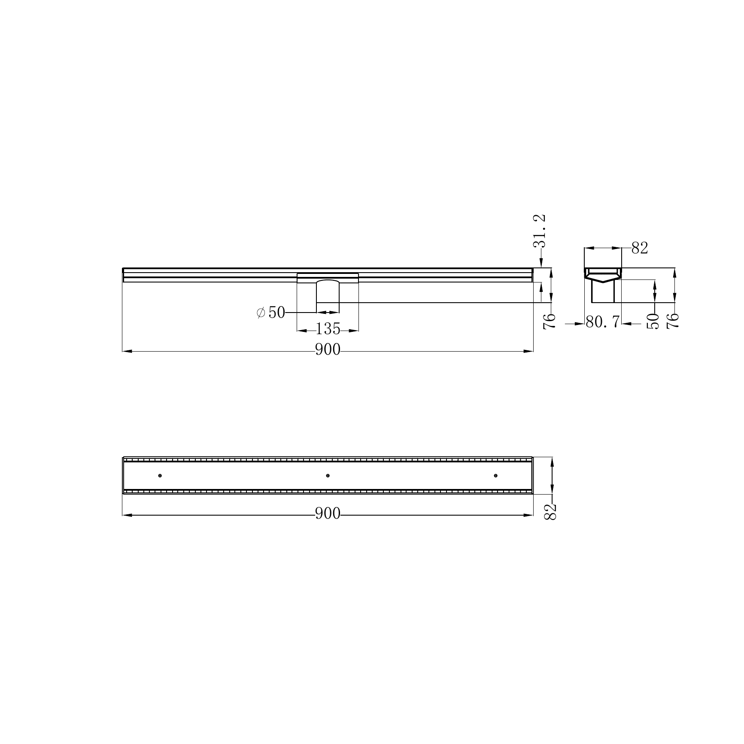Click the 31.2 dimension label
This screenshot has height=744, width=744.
click(541, 231)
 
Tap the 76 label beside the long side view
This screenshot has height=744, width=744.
click(550, 321)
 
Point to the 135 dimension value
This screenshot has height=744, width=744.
click(328, 329)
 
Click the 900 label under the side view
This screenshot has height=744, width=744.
click(328, 350)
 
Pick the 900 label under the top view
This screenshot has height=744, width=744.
click(328, 513)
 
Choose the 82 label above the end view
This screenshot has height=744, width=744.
click(640, 248)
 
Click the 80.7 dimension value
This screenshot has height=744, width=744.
click(602, 322)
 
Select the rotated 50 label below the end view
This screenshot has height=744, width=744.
click(653, 321)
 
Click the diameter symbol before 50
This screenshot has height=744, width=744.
click(261, 313)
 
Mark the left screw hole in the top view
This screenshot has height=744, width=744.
click(160, 475)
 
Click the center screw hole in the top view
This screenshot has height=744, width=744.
click(328, 475)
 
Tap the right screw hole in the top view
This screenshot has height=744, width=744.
click(496, 475)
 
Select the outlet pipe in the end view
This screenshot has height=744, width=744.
click(603, 292)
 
